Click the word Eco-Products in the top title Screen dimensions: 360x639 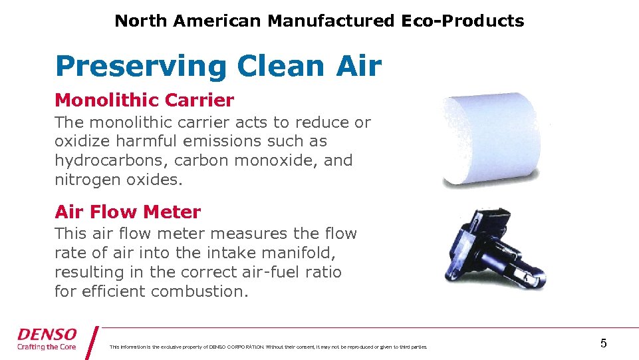(x=462, y=21)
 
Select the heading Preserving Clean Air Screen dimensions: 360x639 (x=218, y=67)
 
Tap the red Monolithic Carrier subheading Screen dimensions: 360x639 (x=144, y=100)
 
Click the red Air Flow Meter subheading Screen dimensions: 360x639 (x=128, y=212)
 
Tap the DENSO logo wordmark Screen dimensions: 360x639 (x=47, y=335)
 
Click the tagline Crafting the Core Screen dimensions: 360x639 (x=47, y=347)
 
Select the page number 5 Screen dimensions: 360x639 (x=603, y=343)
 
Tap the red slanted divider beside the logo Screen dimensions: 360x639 (x=92, y=342)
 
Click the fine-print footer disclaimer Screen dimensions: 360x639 (x=268, y=347)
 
